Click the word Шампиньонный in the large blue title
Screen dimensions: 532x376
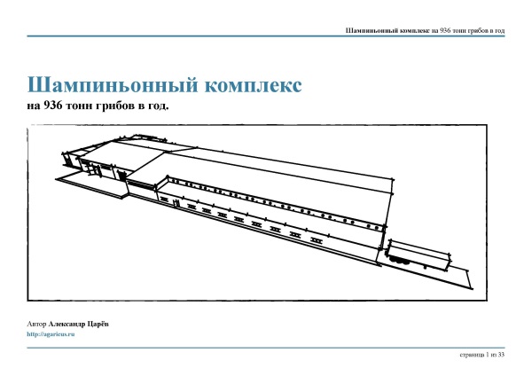pyautogui.click(x=113, y=85)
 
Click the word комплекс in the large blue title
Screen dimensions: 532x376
pyautogui.click(x=253, y=85)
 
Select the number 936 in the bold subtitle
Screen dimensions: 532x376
pyautogui.click(x=52, y=106)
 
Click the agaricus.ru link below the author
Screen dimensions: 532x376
pyautogui.click(x=51, y=334)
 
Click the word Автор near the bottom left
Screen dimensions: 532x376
pyautogui.click(x=36, y=324)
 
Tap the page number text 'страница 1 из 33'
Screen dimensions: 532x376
pyautogui.click(x=482, y=355)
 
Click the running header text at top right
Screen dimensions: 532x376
pyautogui.click(x=425, y=30)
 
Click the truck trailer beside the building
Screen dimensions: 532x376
pyautogui.click(x=419, y=255)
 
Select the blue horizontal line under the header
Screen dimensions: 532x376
pyautogui.click(x=266, y=36)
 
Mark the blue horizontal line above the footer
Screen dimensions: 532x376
pyautogui.click(x=266, y=348)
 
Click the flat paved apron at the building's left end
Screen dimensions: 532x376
pyautogui.click(x=91, y=184)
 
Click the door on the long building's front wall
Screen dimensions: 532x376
pyautogui.click(x=176, y=203)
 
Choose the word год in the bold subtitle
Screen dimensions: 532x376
pyautogui.click(x=159, y=106)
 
